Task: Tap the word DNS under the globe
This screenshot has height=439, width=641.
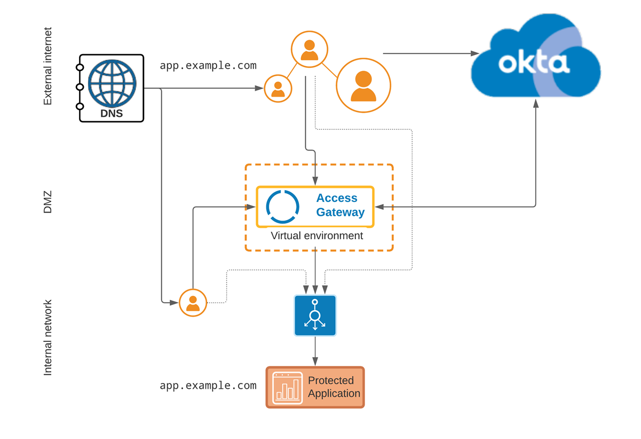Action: click(112, 113)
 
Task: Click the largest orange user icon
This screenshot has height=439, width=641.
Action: click(363, 85)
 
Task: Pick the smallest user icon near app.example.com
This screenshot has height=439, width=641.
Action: click(278, 88)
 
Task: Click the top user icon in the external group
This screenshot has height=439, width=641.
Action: click(310, 50)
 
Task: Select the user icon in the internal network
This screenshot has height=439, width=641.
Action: click(193, 303)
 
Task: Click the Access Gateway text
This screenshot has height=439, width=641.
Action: click(340, 205)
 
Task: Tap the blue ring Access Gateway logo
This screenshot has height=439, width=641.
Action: click(282, 206)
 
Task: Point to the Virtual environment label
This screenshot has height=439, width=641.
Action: click(316, 236)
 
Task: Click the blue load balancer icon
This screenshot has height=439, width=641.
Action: click(315, 316)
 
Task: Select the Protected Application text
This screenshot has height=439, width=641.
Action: click(334, 387)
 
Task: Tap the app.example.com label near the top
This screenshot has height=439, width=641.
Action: click(208, 66)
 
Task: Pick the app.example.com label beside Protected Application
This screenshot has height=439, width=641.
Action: click(208, 386)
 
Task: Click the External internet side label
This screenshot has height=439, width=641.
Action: click(48, 66)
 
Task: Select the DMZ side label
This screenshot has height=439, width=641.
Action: click(48, 203)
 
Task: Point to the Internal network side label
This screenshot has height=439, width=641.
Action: click(48, 338)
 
